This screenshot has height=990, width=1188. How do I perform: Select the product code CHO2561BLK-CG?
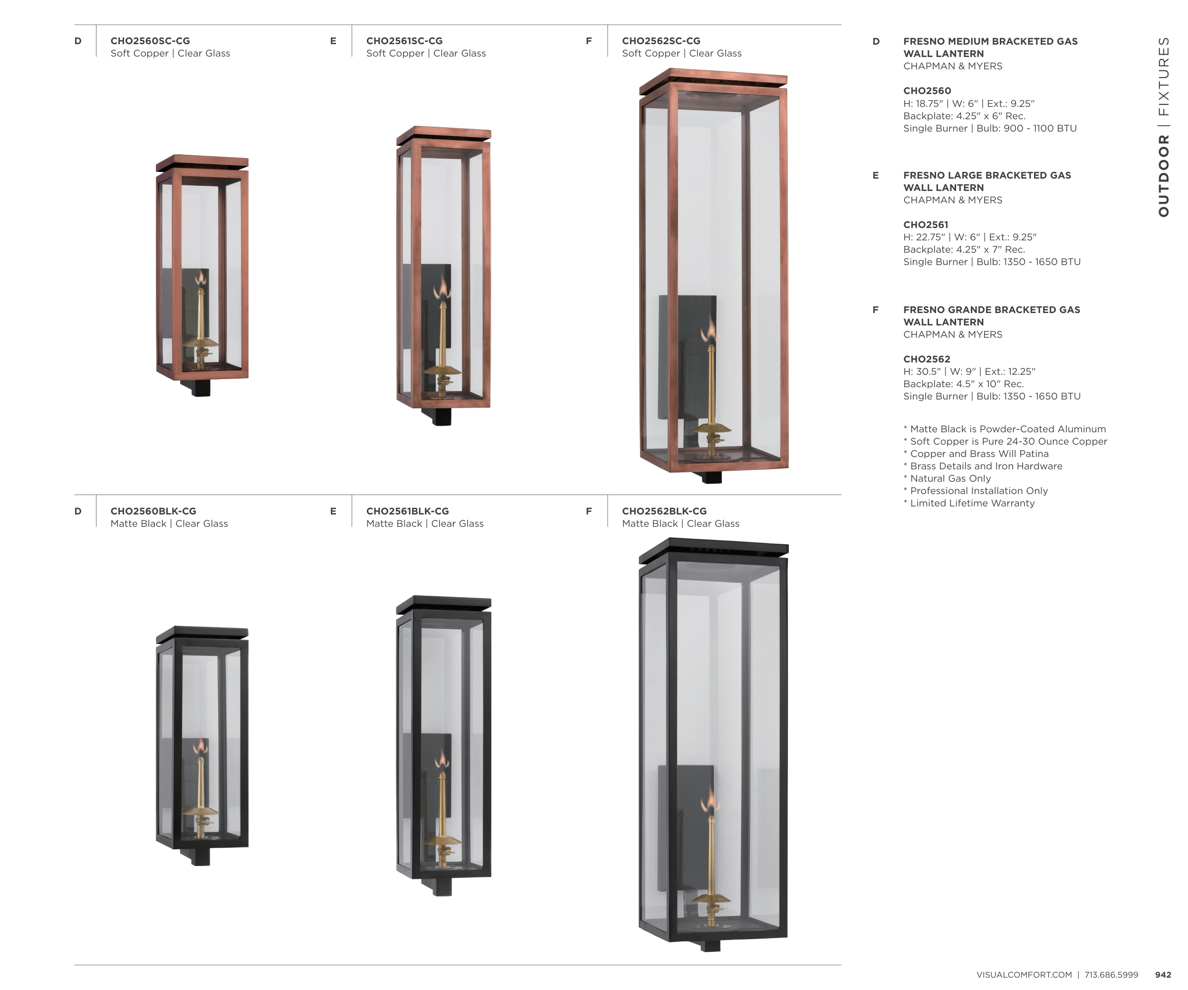(x=407, y=511)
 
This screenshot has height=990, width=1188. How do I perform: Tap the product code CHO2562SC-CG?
(x=661, y=41)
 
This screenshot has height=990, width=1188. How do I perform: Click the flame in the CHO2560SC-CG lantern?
(x=200, y=278)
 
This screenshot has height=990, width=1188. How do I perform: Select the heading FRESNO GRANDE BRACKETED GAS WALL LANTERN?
(x=991, y=316)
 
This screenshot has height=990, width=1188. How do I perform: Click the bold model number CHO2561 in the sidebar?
(x=926, y=225)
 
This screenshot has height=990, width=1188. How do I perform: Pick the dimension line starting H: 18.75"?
(x=968, y=104)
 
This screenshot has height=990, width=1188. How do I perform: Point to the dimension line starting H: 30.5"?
(x=969, y=371)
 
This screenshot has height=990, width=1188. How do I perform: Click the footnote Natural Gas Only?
(x=947, y=478)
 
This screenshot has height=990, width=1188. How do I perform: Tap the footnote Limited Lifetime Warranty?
(x=969, y=503)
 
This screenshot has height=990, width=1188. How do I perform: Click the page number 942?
(x=1163, y=975)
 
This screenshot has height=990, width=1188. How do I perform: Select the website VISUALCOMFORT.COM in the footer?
(x=1024, y=975)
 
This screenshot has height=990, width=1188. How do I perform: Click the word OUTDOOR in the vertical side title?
(x=1163, y=176)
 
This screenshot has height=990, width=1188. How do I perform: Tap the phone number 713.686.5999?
(x=1111, y=975)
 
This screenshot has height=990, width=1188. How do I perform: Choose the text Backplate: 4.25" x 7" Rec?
(x=964, y=249)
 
